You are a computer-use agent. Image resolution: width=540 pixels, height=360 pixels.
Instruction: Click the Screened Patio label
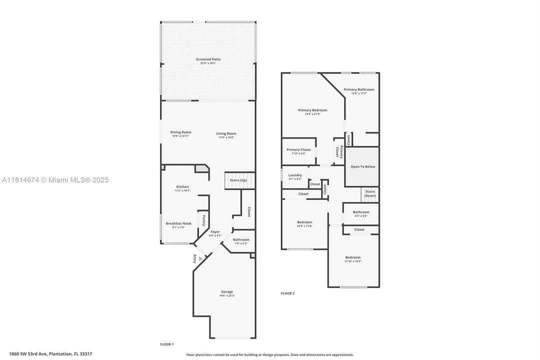208,59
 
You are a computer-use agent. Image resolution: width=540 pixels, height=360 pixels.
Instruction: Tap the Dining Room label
181,132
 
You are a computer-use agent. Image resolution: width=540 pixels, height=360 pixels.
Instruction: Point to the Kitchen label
182,186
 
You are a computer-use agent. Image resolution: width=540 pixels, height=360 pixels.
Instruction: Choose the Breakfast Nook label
178,223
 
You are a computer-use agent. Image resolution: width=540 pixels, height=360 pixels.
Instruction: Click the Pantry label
203,220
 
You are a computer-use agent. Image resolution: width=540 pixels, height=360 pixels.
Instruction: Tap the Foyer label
215,232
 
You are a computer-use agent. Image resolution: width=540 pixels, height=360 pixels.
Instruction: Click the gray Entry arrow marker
201,258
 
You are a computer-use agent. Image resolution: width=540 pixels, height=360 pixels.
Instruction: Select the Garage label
227,291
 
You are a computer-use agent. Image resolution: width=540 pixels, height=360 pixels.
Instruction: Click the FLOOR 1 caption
167,344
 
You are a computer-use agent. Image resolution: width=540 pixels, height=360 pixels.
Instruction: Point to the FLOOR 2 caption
287,293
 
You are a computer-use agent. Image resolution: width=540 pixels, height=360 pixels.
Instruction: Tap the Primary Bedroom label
312,110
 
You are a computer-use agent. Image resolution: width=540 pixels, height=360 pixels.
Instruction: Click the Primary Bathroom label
359,89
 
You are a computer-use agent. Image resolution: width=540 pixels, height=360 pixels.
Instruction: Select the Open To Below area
362,167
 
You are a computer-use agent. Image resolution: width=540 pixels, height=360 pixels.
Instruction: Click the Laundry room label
295,175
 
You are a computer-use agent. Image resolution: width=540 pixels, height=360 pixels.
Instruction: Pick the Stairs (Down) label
370,193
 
